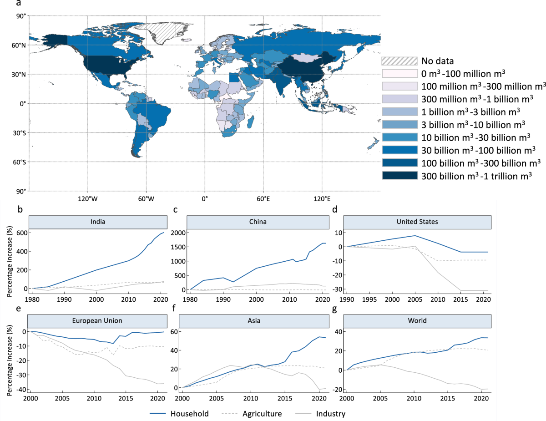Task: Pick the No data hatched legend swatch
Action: point(399,61)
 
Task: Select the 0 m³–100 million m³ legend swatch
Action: point(399,73)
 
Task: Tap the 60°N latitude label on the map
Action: point(18,45)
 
